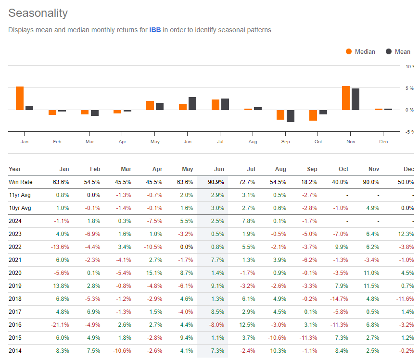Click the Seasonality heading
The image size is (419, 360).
[x=38, y=13]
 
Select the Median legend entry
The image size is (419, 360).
[x=361, y=51]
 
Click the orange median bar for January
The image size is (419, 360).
[x=20, y=99]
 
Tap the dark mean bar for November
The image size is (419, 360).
[x=356, y=99]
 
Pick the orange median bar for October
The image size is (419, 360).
[x=313, y=115]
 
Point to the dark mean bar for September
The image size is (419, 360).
[x=291, y=116]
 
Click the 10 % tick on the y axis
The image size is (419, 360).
[x=409, y=66]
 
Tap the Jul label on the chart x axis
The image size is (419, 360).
[x=221, y=142]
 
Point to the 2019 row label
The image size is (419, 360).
[x=16, y=286]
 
